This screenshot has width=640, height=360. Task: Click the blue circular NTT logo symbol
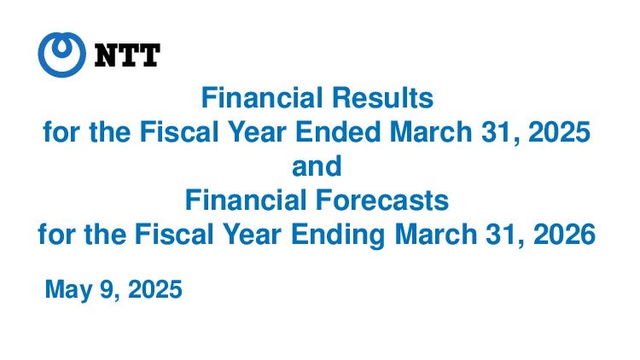pos(62,55)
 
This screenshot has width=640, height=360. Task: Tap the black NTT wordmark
pos(127,55)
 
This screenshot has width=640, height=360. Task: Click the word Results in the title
pos(382,98)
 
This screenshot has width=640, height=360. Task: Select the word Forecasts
pos(382,200)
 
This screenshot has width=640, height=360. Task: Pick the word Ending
pos(338,235)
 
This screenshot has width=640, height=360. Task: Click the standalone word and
pos(317,166)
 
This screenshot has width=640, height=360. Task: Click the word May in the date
pos(69,290)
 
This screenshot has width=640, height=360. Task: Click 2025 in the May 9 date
pos(155,289)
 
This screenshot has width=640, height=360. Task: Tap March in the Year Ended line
pos(431,132)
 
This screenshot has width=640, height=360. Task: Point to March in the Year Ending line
pos(436,235)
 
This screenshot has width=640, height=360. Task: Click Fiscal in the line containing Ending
pos(174,235)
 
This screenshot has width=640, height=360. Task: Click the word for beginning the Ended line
pos(61,132)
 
